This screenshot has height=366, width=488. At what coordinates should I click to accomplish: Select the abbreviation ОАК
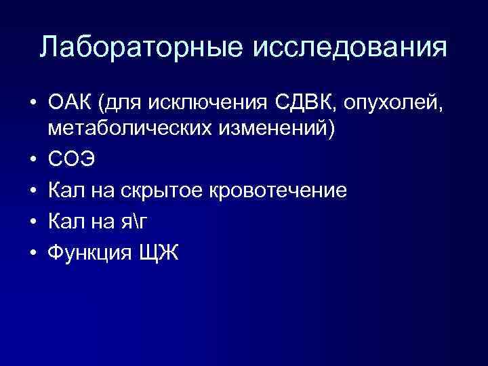click(x=71, y=103)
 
